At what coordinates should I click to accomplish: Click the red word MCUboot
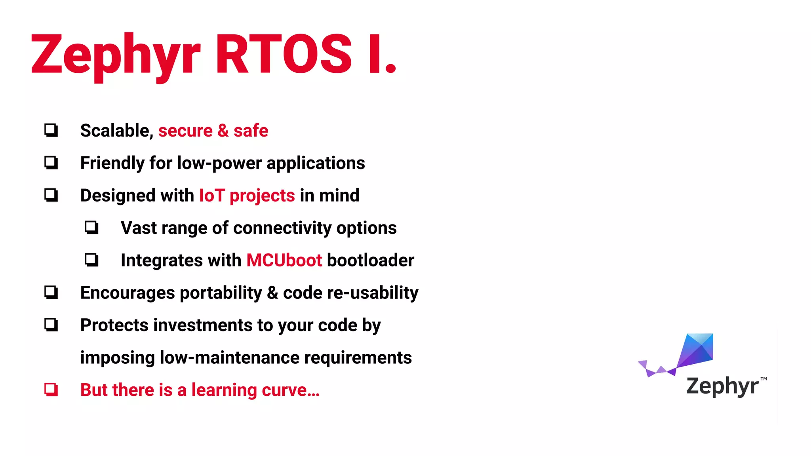284,260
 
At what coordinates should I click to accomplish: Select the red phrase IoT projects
247,196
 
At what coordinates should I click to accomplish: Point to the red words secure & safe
213,131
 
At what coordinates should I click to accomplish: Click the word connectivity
282,228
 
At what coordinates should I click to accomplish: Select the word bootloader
370,260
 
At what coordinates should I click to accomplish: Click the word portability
221,293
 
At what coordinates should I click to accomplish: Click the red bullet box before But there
51,390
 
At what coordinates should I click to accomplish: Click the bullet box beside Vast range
91,228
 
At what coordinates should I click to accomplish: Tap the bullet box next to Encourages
51,293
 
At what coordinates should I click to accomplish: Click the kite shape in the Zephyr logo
696,350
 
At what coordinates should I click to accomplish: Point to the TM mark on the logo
763,379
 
